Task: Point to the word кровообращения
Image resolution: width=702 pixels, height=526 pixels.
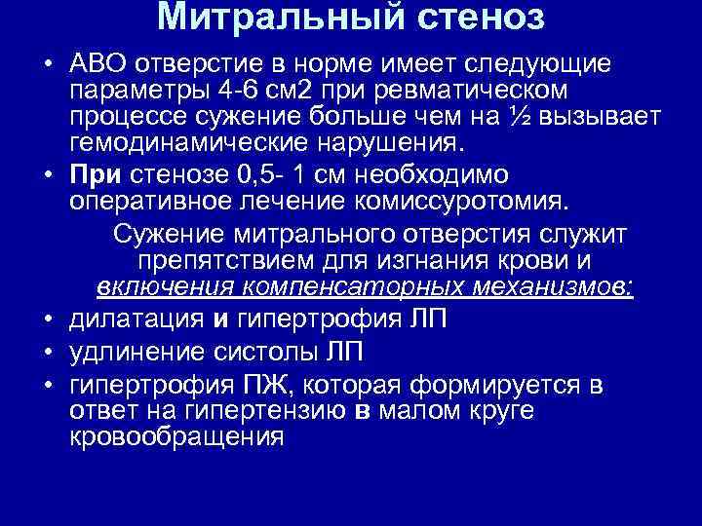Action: point(176,436)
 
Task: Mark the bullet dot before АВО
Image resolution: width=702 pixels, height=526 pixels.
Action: point(48,64)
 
